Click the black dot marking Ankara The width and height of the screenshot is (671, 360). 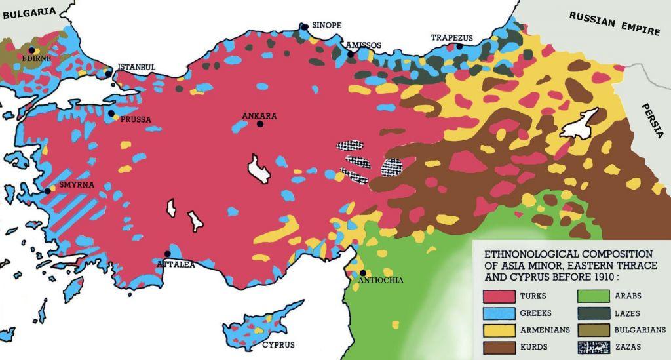pyautogui.click(x=260, y=123)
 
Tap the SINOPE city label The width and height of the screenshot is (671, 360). pyautogui.click(x=326, y=25)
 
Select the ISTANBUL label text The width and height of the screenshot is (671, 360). pyautogui.click(x=136, y=67)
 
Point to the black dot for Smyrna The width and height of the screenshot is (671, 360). pyautogui.click(x=48, y=191)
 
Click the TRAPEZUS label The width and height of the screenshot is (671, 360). pyautogui.click(x=451, y=38)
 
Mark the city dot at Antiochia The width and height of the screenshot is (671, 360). pyautogui.click(x=362, y=273)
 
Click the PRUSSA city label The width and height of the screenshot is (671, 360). pyautogui.click(x=136, y=119)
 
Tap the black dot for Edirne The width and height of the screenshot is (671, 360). pyautogui.click(x=31, y=50)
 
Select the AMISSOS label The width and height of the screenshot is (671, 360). pyautogui.click(x=364, y=45)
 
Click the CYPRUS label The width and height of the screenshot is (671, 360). pyautogui.click(x=278, y=345)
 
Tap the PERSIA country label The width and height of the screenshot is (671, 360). pyautogui.click(x=652, y=121)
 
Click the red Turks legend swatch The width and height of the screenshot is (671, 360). pyautogui.click(x=499, y=296)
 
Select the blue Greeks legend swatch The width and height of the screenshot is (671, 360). pyautogui.click(x=499, y=313)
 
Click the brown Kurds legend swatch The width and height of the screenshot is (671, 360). pyautogui.click(x=499, y=346)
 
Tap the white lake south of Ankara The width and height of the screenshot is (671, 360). pyautogui.click(x=259, y=169)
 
